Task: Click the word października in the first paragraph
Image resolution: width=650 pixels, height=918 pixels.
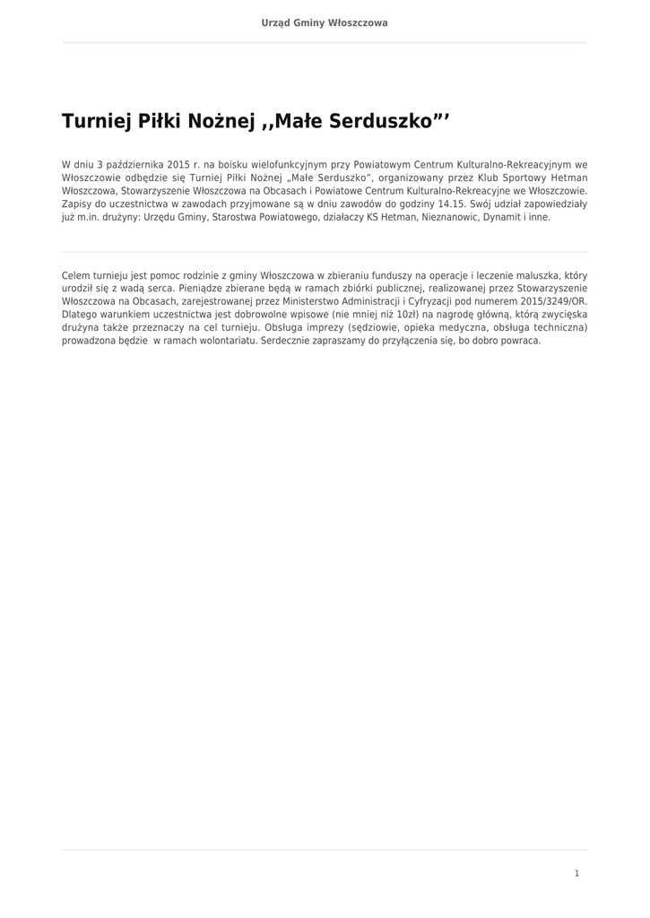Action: tap(134, 165)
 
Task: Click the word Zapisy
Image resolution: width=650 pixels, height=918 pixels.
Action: tap(76, 204)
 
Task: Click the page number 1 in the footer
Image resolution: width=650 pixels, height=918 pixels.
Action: tap(576, 872)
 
